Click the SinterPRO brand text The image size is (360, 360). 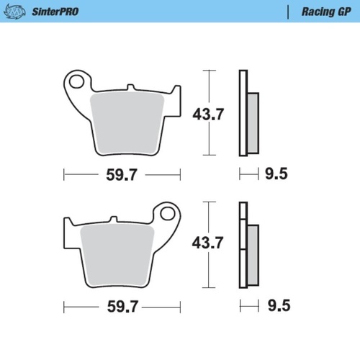click(x=56, y=12)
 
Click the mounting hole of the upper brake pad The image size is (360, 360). click(x=76, y=81)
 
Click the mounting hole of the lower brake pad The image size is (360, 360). click(x=168, y=213)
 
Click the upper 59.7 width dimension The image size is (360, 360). click(x=121, y=174)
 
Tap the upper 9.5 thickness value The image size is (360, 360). click(x=276, y=174)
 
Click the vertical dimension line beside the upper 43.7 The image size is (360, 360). click(x=209, y=113)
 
